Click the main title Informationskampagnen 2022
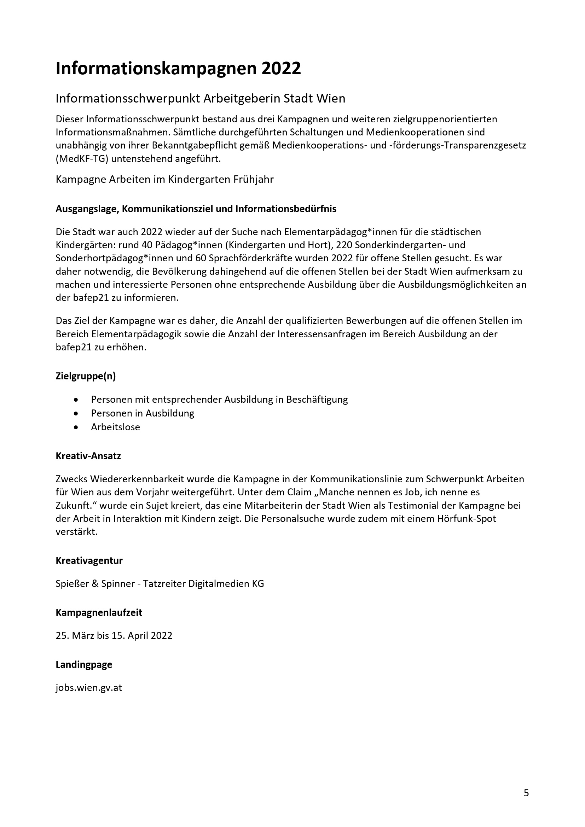tap(178, 69)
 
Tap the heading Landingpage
tap(83, 665)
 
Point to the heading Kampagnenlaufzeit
tap(99, 612)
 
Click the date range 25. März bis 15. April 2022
tap(114, 635)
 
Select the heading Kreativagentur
tap(89, 560)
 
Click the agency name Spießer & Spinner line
tap(160, 583)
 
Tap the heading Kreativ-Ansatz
tap(88, 456)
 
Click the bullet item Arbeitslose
tap(115, 427)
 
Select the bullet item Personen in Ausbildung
tap(142, 413)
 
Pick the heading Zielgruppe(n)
tap(85, 376)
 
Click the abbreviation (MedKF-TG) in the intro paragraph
tap(82, 159)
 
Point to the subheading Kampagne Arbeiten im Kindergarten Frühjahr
tap(164, 179)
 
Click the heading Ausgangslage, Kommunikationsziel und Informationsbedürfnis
tap(196, 209)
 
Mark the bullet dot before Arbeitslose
tap(75, 427)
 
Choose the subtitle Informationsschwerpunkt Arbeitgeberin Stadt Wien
tap(200, 98)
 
